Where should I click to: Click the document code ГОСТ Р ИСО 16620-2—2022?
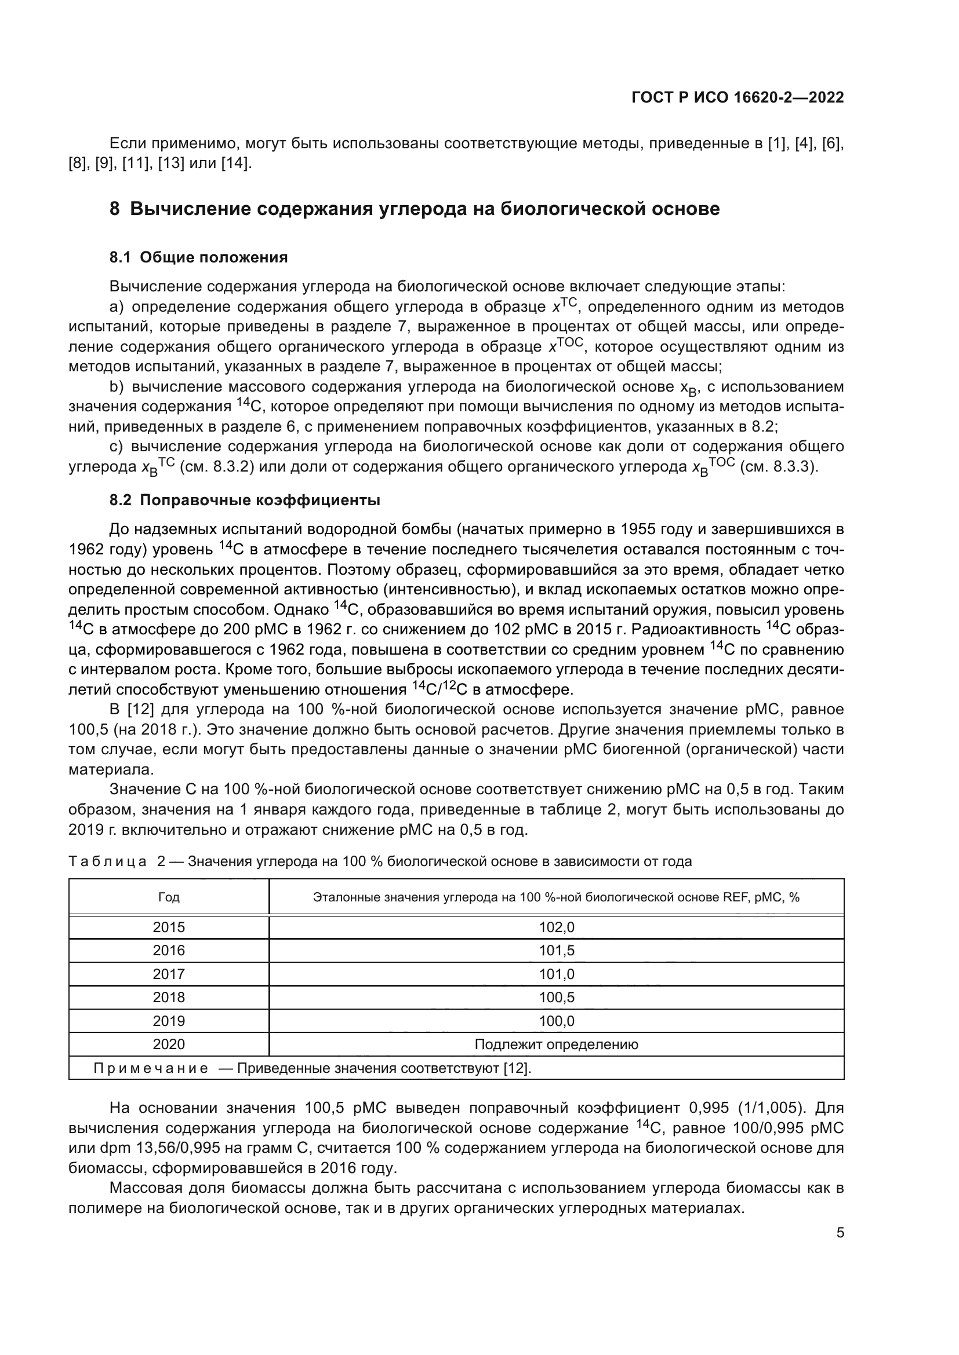click(x=737, y=97)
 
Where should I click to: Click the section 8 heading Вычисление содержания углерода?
click(x=415, y=209)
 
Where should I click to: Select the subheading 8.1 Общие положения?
click(x=198, y=257)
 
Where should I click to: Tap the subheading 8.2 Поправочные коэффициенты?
click(x=245, y=501)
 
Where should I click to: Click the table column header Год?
click(x=169, y=897)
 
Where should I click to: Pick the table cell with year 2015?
click(x=169, y=927)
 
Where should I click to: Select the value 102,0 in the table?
click(x=556, y=927)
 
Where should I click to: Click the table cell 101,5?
click(x=556, y=950)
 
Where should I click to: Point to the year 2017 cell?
click(x=169, y=974)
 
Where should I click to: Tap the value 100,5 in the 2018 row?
click(x=556, y=998)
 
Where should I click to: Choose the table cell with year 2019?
click(x=169, y=1021)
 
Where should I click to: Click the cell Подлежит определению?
click(x=556, y=1044)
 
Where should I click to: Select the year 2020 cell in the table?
click(x=169, y=1044)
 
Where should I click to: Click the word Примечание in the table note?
click(x=151, y=1068)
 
